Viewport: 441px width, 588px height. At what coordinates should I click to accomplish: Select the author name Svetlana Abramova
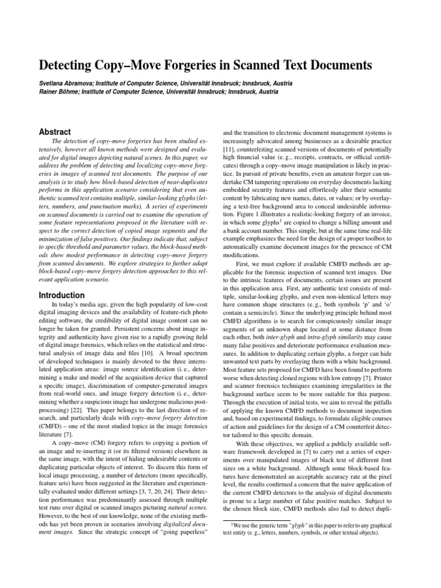click(62, 83)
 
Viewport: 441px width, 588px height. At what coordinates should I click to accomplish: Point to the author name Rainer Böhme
click(57, 92)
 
